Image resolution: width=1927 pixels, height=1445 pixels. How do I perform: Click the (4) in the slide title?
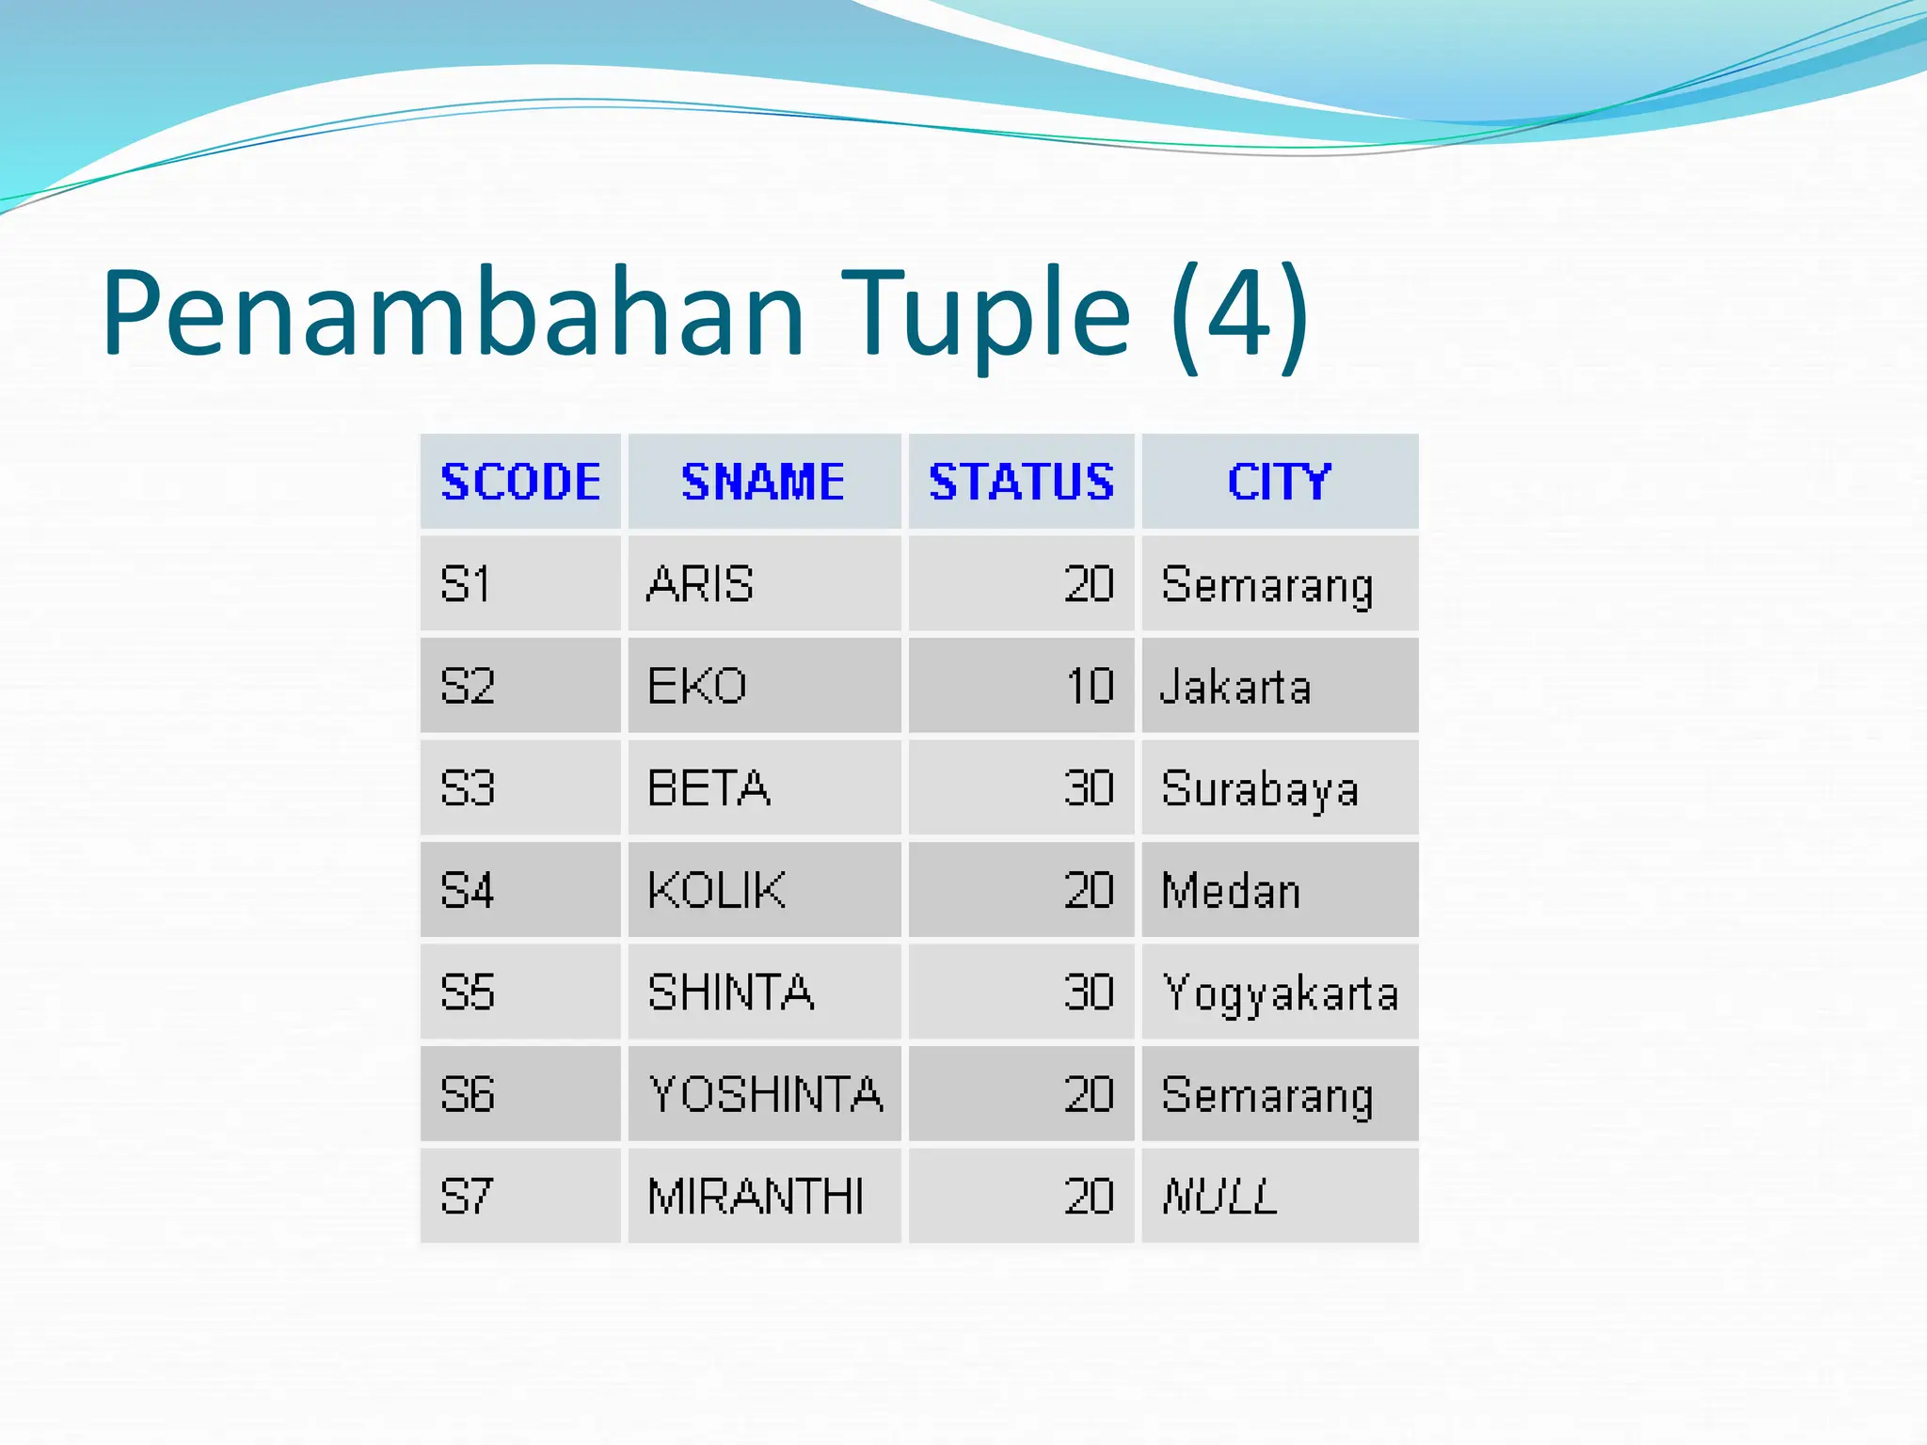(x=1240, y=312)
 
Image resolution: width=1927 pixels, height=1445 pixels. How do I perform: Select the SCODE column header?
(x=520, y=482)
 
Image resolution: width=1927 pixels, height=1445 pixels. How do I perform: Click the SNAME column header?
(x=763, y=482)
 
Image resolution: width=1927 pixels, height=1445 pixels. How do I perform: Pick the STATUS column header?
(x=1021, y=482)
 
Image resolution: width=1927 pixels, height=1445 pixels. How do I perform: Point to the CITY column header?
(x=1279, y=482)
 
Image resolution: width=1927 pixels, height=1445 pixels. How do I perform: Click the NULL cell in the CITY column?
(x=1220, y=1197)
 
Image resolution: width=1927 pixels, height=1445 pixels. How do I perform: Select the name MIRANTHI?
(x=756, y=1197)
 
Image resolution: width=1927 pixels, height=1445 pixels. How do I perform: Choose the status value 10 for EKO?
(x=1090, y=686)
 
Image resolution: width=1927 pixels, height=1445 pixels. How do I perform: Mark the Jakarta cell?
(x=1235, y=686)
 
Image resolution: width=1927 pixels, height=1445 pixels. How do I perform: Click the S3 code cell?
(x=468, y=788)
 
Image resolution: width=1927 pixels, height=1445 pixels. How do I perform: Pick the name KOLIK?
(x=716, y=890)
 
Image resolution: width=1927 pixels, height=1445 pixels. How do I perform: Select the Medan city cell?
(x=1231, y=890)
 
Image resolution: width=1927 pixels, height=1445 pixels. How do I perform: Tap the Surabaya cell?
(x=1260, y=788)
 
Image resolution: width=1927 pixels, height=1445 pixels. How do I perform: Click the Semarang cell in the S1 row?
(x=1267, y=584)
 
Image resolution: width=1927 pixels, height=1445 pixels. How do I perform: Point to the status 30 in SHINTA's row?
(x=1089, y=992)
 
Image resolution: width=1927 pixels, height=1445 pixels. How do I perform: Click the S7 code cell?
(x=467, y=1197)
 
